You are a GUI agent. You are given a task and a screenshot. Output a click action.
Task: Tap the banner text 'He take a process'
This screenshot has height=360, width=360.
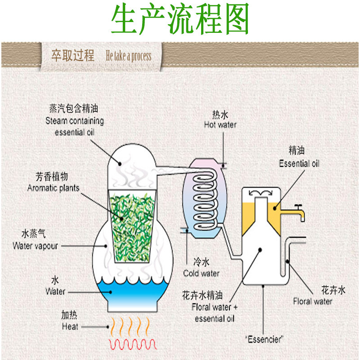[x=128, y=56]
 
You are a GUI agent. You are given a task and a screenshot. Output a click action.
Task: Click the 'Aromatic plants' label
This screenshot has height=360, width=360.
[x=53, y=188]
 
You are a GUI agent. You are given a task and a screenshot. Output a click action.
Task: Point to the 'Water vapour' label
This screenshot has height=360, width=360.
[x=35, y=246]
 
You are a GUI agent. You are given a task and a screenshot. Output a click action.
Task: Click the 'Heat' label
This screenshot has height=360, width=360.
[x=70, y=326]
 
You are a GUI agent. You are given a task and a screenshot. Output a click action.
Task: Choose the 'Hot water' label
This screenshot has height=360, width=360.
[x=220, y=125]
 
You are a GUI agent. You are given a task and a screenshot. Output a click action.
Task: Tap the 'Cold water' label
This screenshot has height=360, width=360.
[x=201, y=273]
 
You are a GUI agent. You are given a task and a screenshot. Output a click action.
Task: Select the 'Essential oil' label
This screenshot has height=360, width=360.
[x=299, y=163]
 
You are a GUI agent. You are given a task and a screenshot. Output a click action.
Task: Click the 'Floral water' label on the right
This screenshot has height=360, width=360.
[x=312, y=301]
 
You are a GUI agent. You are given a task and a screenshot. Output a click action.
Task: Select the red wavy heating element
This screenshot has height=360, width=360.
[x=133, y=345]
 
